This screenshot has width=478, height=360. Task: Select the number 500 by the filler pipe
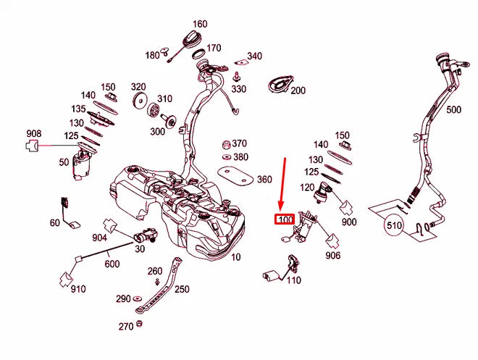click(453, 111)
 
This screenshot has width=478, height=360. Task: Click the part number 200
click(298, 91)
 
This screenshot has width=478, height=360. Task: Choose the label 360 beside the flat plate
click(264, 179)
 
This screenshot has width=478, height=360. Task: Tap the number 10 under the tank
click(235, 257)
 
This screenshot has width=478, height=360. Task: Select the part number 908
click(33, 134)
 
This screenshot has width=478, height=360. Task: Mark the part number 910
click(77, 289)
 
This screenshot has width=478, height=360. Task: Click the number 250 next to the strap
click(182, 289)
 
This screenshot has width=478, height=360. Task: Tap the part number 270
click(125, 327)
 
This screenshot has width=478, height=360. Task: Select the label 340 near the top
click(254, 56)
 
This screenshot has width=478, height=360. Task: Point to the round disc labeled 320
click(138, 101)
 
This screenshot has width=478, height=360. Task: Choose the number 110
click(293, 280)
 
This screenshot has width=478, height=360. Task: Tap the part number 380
click(240, 157)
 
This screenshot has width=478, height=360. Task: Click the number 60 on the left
click(55, 222)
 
